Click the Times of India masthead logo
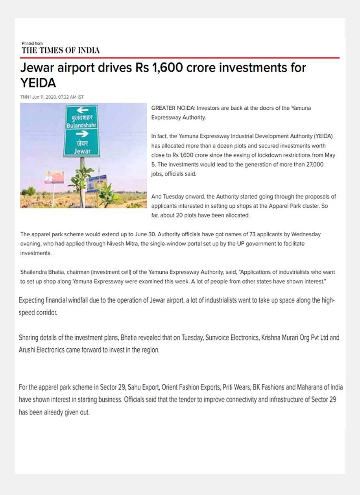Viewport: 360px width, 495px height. click(x=61, y=50)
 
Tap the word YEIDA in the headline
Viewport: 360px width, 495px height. click(x=38, y=83)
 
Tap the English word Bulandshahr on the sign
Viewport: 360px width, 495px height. click(x=82, y=125)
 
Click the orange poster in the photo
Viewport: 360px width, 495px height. click(x=54, y=177)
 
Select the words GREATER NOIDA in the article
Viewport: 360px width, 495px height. click(x=173, y=108)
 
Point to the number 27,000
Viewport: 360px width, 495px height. click(x=314, y=165)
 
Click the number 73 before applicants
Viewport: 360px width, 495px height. click(x=244, y=234)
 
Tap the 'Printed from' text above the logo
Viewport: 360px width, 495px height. click(x=32, y=43)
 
